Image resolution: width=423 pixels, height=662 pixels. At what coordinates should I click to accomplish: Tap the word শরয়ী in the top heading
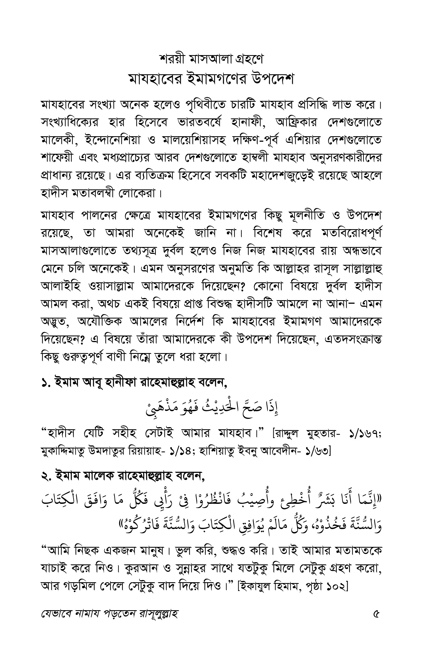(172, 59)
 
